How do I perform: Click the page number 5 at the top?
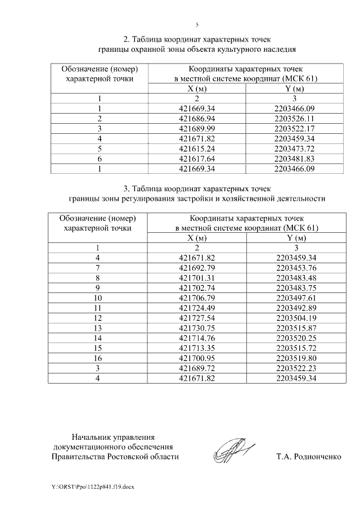tap(197, 25)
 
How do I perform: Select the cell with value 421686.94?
tap(197, 119)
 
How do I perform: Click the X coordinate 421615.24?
tap(197, 149)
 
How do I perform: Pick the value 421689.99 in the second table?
tap(197, 129)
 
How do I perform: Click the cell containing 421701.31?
tap(197, 278)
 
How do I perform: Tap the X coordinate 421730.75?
tap(197, 328)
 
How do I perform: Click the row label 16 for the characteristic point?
tap(98, 359)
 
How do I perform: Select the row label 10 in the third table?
tap(98, 298)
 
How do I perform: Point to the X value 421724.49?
tap(197, 308)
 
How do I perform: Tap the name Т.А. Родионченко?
tap(308, 457)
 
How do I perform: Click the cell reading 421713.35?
tap(197, 349)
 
